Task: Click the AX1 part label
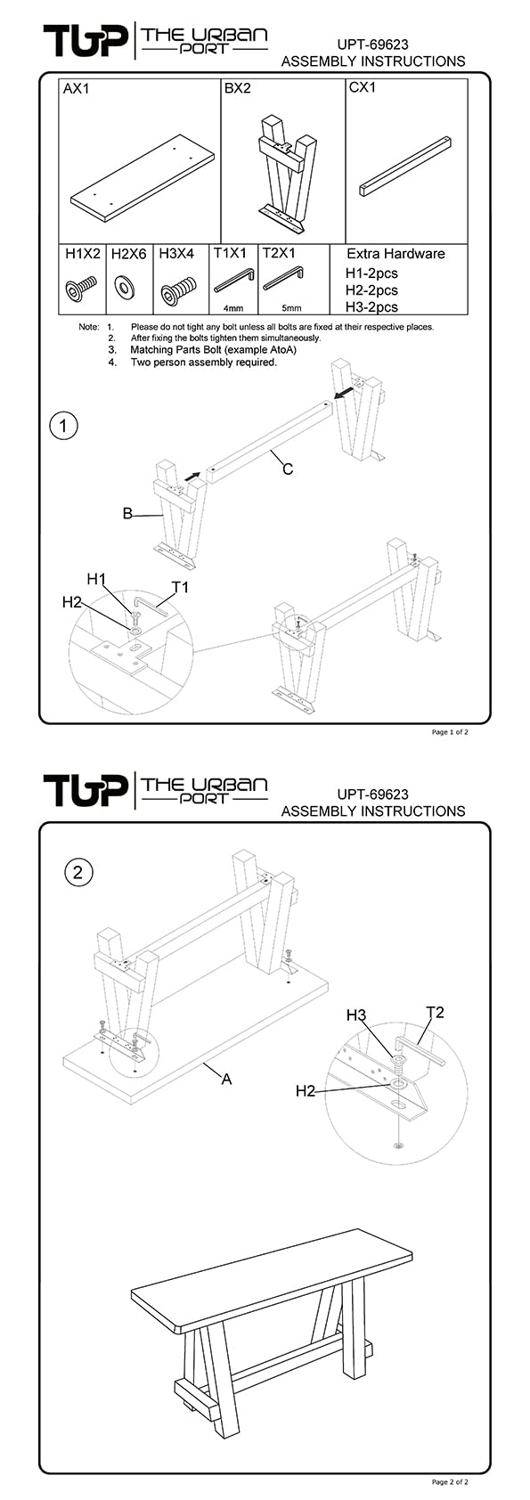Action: click(76, 89)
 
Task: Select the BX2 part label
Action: click(237, 89)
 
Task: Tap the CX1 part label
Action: click(363, 87)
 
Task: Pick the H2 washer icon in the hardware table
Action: click(125, 288)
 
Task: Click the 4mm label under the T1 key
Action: click(234, 309)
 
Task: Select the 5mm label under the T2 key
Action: click(291, 309)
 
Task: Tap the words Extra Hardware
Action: click(395, 254)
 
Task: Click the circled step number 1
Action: click(64, 425)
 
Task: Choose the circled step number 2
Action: click(78, 873)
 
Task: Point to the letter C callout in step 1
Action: click(288, 469)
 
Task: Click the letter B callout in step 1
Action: click(127, 514)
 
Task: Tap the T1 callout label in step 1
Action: click(180, 587)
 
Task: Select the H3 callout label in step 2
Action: click(356, 1015)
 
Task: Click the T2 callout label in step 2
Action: click(435, 1012)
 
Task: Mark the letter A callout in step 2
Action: click(226, 1079)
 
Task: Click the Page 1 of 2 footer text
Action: click(450, 732)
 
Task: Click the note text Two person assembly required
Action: click(204, 363)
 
